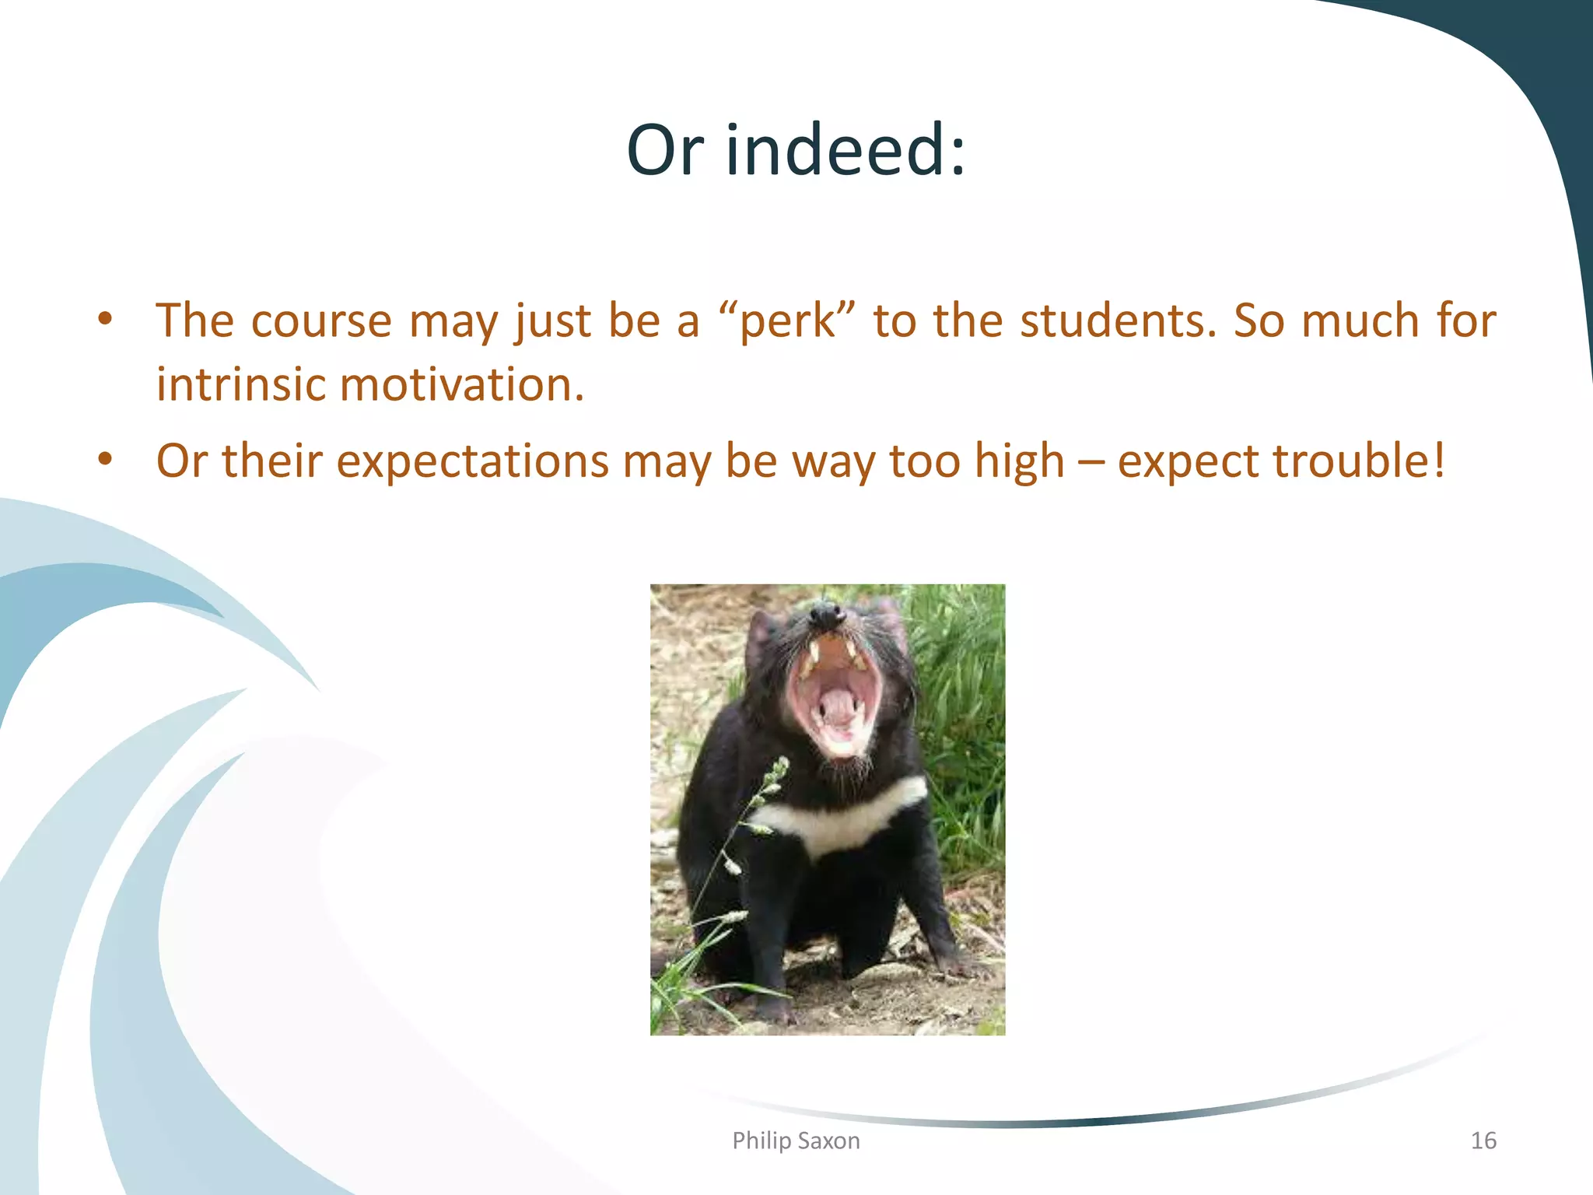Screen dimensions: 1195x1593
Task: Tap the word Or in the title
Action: [x=666, y=149]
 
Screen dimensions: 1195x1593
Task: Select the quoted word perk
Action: [x=786, y=321]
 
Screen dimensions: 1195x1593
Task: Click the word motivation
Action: [x=462, y=384]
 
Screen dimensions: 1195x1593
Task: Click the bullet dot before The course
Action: [x=106, y=319]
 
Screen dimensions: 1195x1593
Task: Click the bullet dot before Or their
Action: [x=106, y=459]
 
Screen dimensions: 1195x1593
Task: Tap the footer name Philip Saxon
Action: [x=796, y=1141]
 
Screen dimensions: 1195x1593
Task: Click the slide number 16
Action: [x=1483, y=1141]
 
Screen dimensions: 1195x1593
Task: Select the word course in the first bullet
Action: [x=321, y=321]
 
